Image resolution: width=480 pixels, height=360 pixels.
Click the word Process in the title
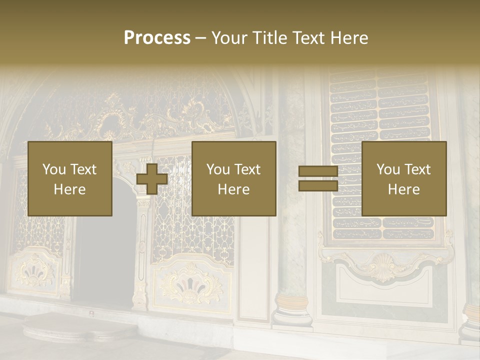[x=157, y=38]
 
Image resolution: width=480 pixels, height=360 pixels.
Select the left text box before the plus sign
[x=70, y=178]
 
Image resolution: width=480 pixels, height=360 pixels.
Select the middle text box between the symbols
[x=234, y=178]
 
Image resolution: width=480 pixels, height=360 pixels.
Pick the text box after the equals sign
[x=404, y=178]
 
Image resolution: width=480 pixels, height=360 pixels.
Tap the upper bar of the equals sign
[x=318, y=171]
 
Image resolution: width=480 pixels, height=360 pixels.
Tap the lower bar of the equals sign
[x=318, y=185]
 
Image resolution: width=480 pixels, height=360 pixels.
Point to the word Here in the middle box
[x=234, y=189]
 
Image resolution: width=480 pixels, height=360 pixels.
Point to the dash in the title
[x=200, y=38]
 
